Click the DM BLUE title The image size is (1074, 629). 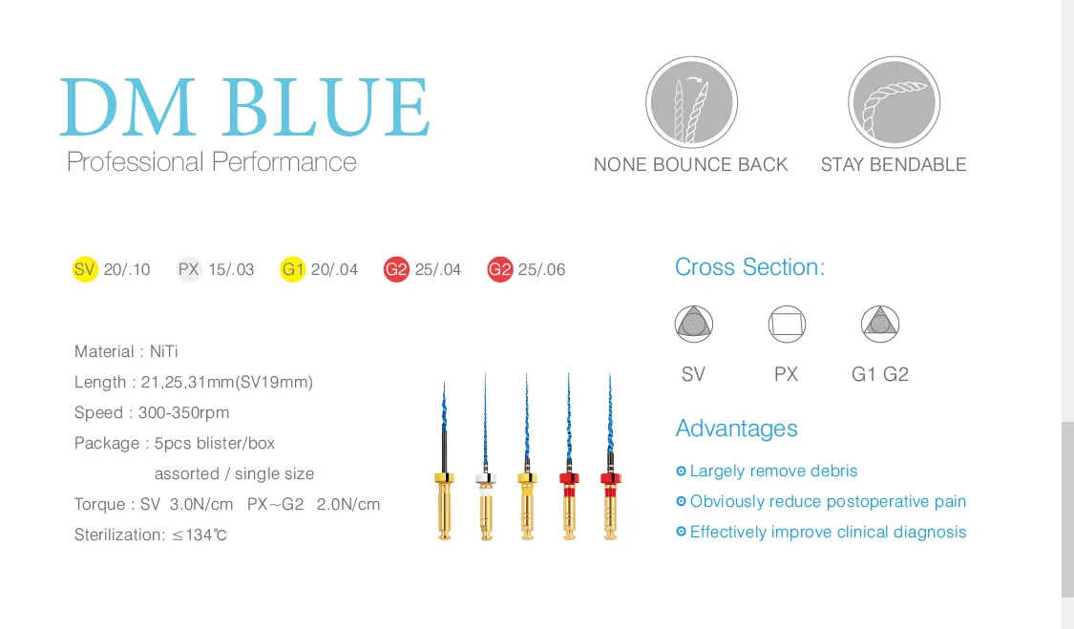pos(245,107)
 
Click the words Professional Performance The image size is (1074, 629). pos(211,162)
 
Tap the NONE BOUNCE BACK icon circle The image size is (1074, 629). pos(691,102)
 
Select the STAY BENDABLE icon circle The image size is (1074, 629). pos(894,102)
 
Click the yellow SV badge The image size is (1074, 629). pos(85,269)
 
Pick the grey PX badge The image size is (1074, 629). pos(189,269)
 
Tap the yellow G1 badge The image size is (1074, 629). pos(292,269)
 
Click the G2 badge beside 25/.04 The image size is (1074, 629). pos(396,269)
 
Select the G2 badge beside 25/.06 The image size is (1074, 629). pos(499,269)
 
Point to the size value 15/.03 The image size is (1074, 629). pos(231,270)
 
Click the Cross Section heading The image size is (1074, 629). pos(749,267)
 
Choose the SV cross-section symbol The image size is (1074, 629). pos(694,325)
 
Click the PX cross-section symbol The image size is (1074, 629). pos(787,325)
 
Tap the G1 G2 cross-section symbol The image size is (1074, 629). pos(879,325)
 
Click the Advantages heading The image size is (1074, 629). pos(736,429)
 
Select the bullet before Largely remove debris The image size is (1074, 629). pos(681,472)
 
